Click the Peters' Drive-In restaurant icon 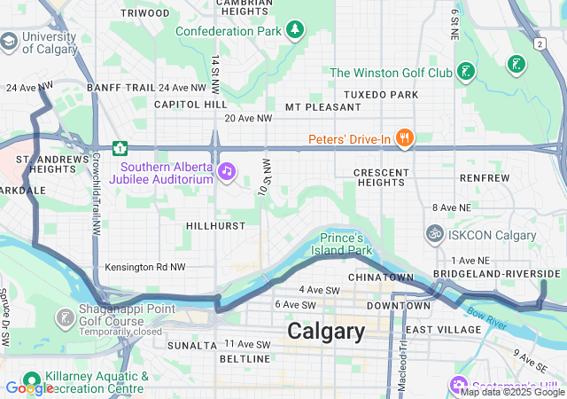click(x=405, y=137)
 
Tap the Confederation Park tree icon click(x=295, y=31)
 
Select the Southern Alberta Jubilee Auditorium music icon click(x=227, y=170)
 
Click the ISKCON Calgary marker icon click(x=434, y=234)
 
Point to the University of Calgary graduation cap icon click(x=9, y=42)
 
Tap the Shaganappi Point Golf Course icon click(x=65, y=317)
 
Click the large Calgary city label click(x=325, y=332)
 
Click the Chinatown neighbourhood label click(x=381, y=278)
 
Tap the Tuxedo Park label click(x=380, y=94)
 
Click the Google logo click(x=29, y=387)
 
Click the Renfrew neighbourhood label click(x=485, y=177)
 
